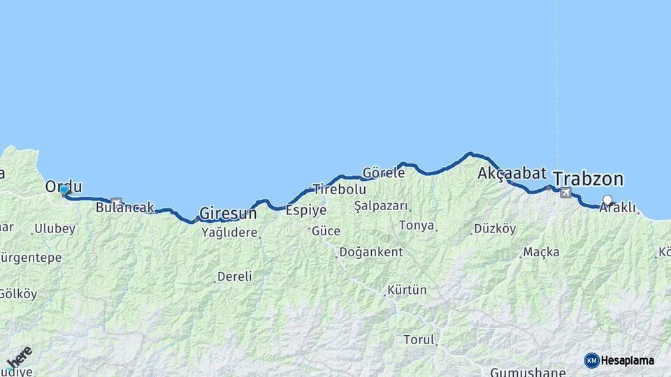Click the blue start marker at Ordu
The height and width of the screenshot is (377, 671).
[64, 189]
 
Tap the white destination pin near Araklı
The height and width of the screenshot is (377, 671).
[607, 200]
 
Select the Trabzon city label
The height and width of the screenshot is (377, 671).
[588, 178]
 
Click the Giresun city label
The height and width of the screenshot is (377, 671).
[228, 213]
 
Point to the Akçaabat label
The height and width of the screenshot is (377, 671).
[512, 173]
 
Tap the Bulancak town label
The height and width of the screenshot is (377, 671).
[124, 207]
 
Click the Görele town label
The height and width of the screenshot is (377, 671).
[384, 172]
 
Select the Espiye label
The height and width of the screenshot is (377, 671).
[307, 209]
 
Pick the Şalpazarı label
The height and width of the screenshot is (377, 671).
[382, 206]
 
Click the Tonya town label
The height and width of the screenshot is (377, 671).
[417, 226]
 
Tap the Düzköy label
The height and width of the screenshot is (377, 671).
[495, 228]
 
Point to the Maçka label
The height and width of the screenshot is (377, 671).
[541, 252]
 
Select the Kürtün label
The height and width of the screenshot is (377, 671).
[407, 290]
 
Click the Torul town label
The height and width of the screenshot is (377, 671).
[419, 340]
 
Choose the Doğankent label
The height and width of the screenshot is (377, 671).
[370, 252]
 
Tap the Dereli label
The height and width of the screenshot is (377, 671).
[234, 276]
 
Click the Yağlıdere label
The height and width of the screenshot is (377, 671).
[229, 232]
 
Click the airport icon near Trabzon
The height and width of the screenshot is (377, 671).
[565, 193]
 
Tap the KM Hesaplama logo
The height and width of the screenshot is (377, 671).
[619, 360]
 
